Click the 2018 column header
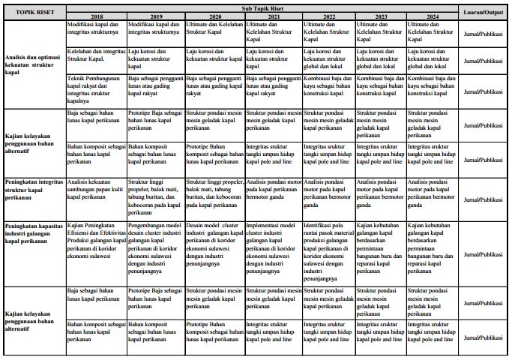coord(96,16)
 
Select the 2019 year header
coord(155,16)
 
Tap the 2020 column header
coord(214,16)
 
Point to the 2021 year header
coord(274,16)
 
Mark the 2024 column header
coord(433,16)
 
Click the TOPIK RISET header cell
coord(34,12)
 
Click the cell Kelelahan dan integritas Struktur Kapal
coord(96,54)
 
